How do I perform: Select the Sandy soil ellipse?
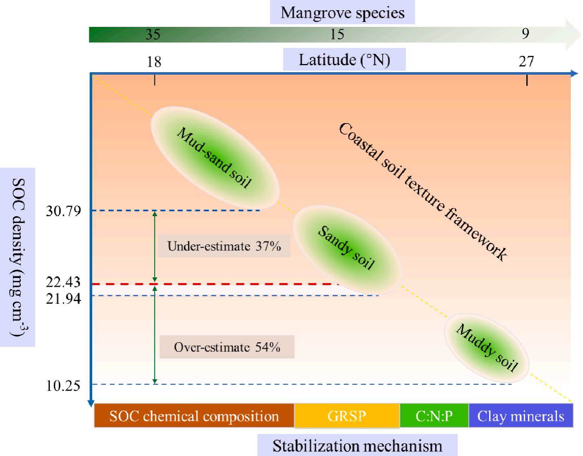347,249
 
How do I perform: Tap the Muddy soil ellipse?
487,348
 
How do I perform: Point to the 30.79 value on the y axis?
63,211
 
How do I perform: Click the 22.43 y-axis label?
63,282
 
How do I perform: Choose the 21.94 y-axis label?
63,299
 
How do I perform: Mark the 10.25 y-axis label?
63,385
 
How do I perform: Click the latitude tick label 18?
154,62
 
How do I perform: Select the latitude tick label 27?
526,62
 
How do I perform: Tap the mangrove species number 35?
153,34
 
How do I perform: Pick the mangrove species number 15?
337,34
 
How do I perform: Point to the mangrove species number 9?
525,33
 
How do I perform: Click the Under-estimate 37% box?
224,246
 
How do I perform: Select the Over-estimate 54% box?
227,347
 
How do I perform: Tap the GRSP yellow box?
347,416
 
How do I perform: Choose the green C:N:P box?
434,416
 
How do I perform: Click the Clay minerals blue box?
521,416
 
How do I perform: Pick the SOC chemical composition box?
194,416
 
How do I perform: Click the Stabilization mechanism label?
357,445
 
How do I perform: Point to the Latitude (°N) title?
344,60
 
